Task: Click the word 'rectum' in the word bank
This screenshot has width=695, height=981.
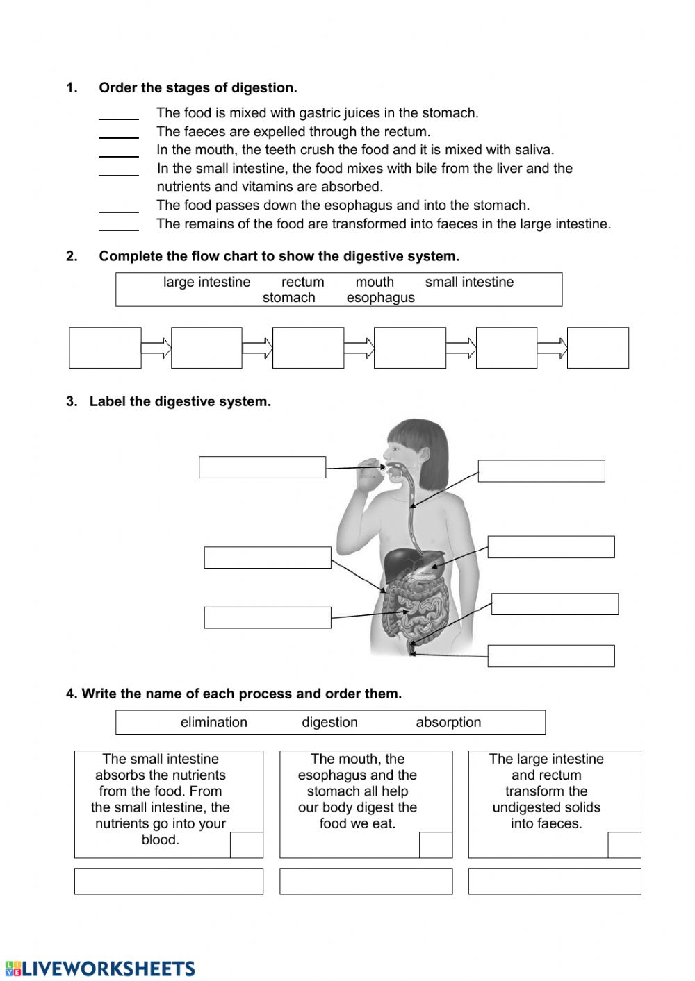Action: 302,282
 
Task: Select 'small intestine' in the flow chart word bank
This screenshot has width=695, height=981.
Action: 469,282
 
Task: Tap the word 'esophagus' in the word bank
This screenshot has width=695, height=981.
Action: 380,298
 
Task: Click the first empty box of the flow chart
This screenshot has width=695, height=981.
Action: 105,348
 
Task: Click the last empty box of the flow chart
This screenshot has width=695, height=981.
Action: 598,348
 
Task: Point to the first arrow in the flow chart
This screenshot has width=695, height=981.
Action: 156,348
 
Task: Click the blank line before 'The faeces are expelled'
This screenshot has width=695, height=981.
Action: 119,133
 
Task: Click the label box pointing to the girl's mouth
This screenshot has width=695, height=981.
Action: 262,467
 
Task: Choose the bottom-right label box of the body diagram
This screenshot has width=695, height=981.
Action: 550,656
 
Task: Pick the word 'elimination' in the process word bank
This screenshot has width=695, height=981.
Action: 213,722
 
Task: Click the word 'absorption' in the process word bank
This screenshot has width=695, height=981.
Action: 448,722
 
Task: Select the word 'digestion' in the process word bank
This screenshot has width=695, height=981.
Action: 329,722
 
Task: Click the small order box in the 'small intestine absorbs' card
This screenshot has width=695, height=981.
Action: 246,845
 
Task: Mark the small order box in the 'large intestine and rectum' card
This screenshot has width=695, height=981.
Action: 624,845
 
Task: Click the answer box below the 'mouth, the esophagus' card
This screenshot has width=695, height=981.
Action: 366,881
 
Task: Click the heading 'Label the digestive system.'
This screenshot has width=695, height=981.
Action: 180,401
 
